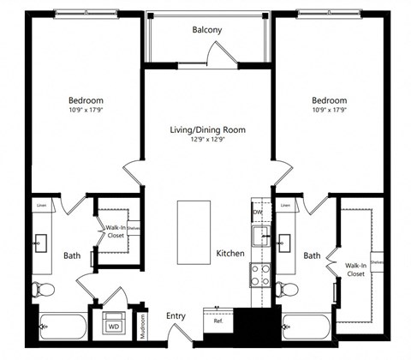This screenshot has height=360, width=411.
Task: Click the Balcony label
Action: [207, 30]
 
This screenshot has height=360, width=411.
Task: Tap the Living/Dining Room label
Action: [207, 129]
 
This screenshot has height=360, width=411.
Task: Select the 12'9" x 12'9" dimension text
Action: [207, 140]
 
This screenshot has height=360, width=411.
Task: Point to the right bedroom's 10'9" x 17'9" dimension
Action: [328, 110]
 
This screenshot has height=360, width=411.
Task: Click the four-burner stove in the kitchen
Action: [259, 274]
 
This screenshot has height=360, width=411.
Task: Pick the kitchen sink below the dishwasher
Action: [259, 236]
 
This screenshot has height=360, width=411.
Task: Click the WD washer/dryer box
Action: [113, 326]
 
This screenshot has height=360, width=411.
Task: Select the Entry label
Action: [176, 316]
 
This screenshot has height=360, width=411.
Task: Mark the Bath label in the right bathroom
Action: [312, 255]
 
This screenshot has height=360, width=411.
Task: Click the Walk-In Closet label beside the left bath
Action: [115, 231]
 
